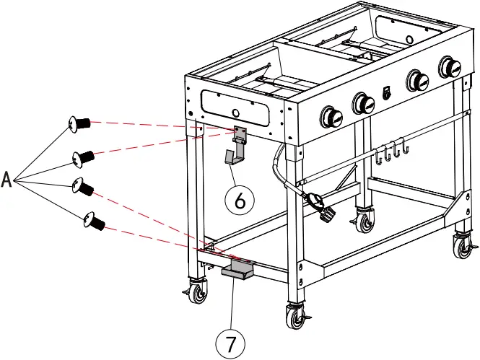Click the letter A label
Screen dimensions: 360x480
pyautogui.click(x=7, y=178)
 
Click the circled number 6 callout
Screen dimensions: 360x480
pyautogui.click(x=239, y=200)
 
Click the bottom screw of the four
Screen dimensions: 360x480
pyautogui.click(x=93, y=220)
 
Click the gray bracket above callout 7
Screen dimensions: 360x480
pyautogui.click(x=236, y=270)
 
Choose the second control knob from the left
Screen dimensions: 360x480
pyautogui.click(x=363, y=102)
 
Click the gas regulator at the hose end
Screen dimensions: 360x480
pyautogui.click(x=321, y=206)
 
